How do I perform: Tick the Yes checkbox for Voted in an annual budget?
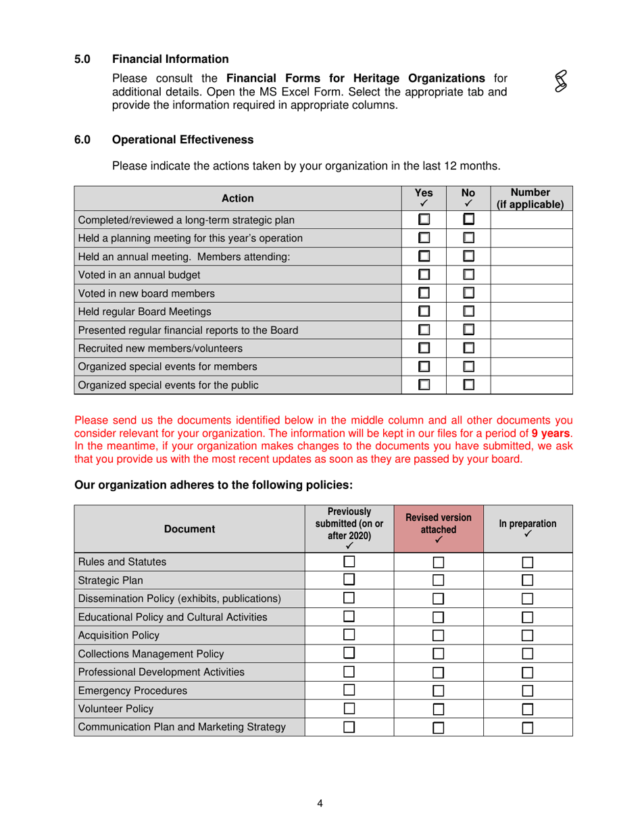(x=424, y=274)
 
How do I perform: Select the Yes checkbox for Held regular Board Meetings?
(x=424, y=312)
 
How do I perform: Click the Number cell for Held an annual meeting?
(x=530, y=256)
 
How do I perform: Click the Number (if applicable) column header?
(x=530, y=198)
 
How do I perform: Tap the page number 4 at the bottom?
(x=320, y=803)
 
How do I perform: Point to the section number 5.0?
(x=82, y=59)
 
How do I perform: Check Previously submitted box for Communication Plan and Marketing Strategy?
(x=349, y=728)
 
